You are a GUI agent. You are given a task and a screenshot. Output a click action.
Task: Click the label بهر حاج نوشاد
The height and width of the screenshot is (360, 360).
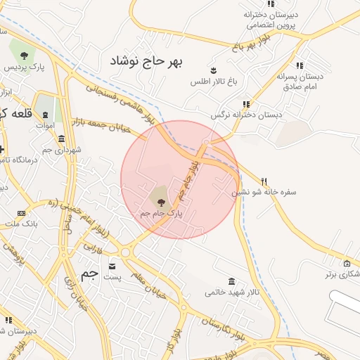146,61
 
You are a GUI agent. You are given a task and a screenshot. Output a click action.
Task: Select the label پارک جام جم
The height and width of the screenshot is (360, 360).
161,212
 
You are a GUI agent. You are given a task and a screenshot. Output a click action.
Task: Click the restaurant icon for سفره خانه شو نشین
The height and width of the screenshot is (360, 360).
264,181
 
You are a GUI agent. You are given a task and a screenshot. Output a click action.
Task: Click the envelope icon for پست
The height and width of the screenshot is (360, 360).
112,266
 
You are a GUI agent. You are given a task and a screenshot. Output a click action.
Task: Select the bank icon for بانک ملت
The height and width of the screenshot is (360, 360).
21,213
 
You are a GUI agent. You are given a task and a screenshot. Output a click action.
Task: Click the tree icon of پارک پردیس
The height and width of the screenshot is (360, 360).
24,55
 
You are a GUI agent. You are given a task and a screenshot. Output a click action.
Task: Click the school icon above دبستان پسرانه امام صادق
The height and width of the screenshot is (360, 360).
300,65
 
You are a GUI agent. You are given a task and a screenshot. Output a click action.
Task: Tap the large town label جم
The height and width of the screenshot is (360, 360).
89,275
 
